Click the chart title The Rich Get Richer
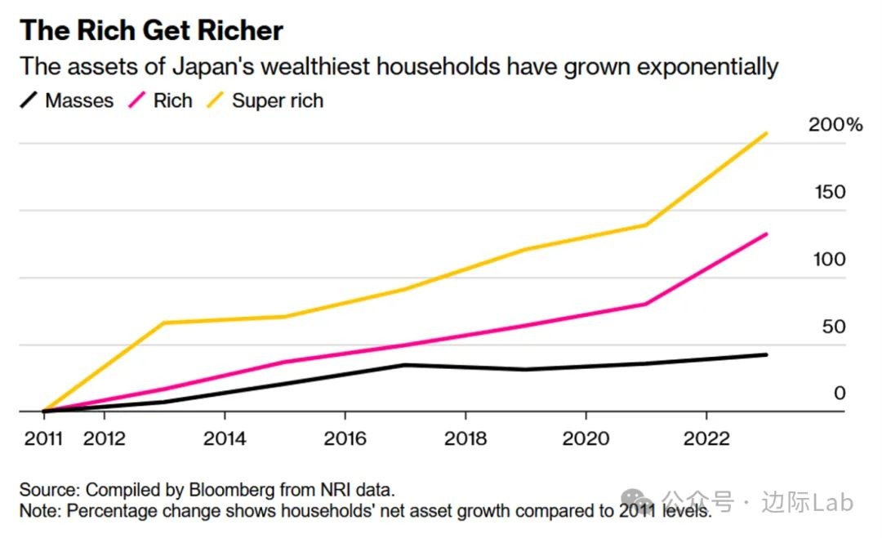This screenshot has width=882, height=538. (x=152, y=30)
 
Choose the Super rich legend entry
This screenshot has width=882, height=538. (x=265, y=101)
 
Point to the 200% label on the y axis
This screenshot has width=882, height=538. (x=835, y=126)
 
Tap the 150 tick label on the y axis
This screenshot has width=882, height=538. (x=830, y=193)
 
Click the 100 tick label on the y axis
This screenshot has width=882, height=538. (x=830, y=260)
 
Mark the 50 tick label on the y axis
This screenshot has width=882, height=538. (x=833, y=327)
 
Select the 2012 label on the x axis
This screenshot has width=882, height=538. (x=105, y=438)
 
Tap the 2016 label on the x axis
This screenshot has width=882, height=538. (x=345, y=438)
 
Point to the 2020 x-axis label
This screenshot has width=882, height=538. (x=586, y=438)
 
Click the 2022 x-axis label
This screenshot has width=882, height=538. (x=706, y=438)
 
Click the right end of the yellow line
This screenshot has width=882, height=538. (x=766, y=133)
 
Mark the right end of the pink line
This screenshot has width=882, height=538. (x=766, y=234)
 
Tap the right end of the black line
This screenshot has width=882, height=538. (x=766, y=354)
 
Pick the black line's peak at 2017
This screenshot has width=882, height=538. (x=404, y=365)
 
